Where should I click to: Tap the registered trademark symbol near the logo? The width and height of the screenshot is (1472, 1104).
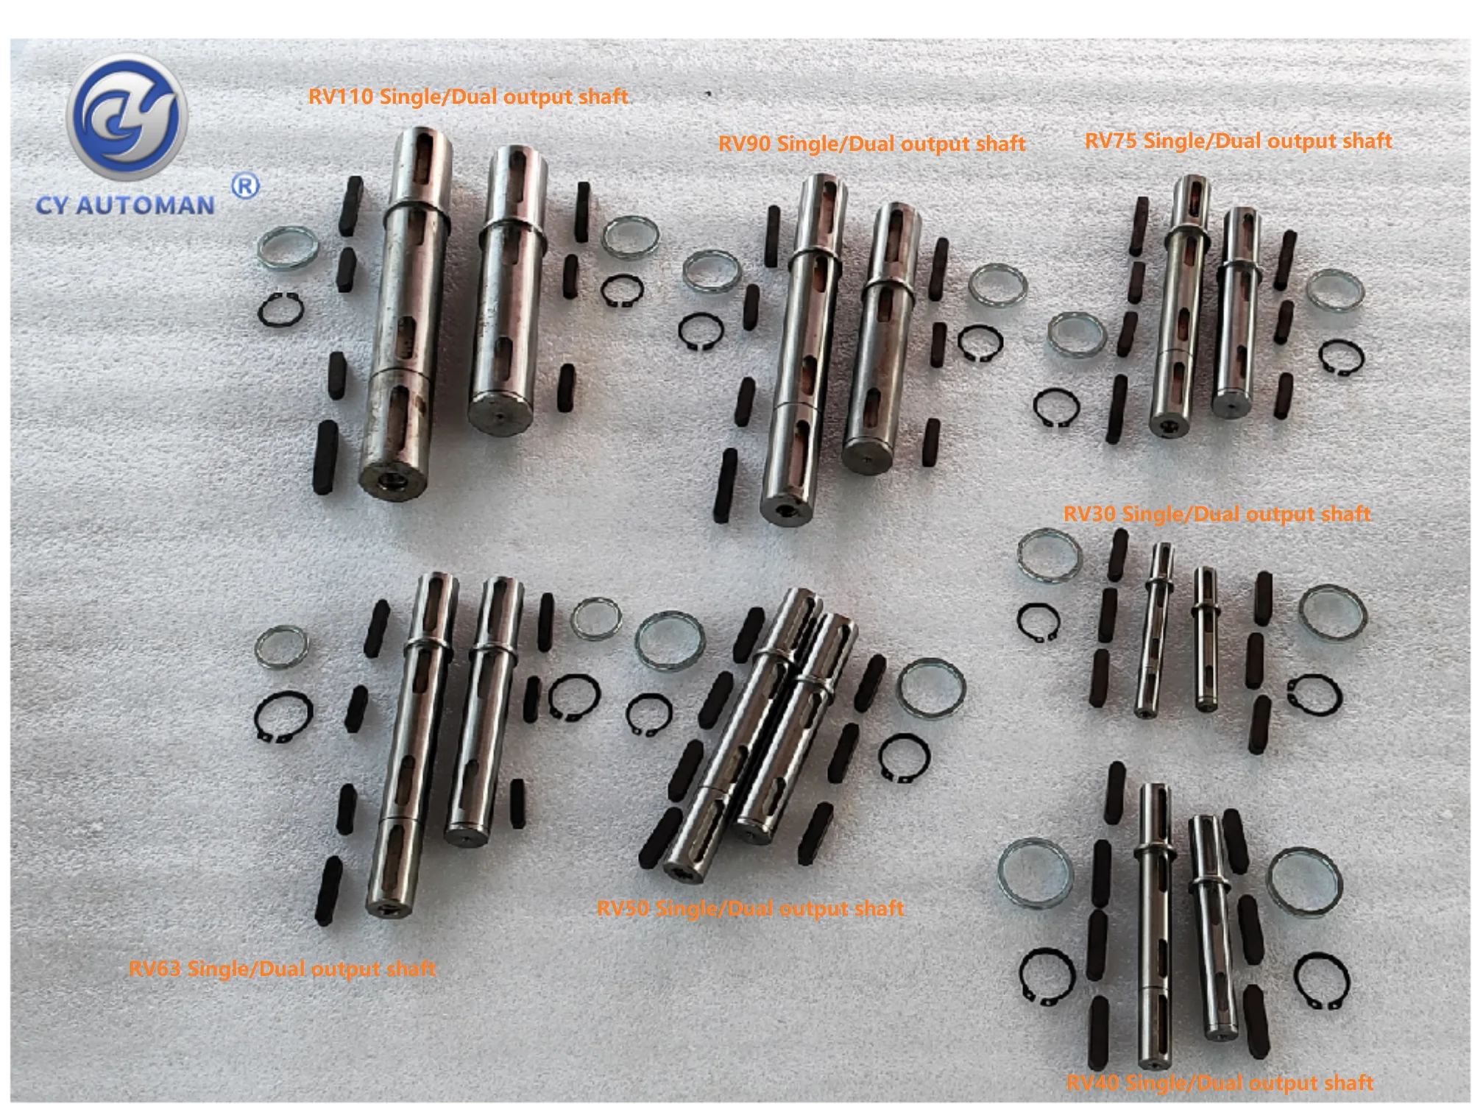tap(245, 185)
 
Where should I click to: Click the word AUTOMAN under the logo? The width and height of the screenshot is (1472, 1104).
tap(145, 205)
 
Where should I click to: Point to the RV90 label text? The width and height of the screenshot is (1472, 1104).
tap(744, 144)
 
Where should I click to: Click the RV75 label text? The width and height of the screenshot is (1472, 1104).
tap(1111, 141)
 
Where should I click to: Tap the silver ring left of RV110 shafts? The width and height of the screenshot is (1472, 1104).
tap(288, 247)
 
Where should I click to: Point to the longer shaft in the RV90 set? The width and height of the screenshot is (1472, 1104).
tap(802, 346)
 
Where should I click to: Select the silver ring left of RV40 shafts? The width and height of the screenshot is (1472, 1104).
tap(1035, 872)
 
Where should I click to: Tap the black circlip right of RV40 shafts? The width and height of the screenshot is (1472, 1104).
tap(1322, 981)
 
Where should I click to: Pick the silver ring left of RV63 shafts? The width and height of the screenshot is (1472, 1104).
tap(281, 646)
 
